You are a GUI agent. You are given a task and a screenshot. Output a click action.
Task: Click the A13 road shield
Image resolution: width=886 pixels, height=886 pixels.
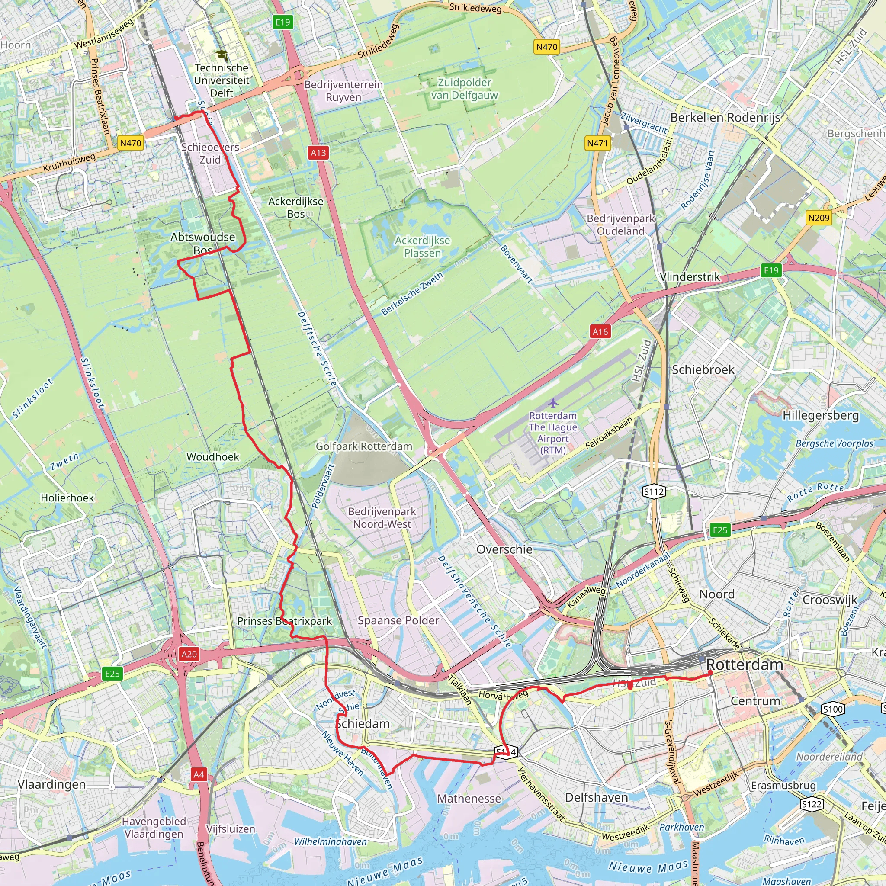coord(318,153)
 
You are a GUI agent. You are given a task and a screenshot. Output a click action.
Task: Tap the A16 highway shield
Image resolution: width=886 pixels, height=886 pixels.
coord(600,331)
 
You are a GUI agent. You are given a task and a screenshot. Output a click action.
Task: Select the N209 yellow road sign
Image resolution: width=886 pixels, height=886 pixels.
coord(819,218)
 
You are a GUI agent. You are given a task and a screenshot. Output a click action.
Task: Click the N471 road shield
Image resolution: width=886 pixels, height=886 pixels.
coord(597,143)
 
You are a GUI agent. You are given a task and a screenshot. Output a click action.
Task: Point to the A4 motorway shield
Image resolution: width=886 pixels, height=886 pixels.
coord(198,774)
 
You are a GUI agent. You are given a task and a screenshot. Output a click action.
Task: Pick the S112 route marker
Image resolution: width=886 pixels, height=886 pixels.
coord(654,492)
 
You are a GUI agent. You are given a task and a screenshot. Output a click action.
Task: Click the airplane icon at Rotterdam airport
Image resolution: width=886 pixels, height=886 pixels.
coord(553,403)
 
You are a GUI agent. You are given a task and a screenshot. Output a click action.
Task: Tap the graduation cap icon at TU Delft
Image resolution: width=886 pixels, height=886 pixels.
coord(221,55)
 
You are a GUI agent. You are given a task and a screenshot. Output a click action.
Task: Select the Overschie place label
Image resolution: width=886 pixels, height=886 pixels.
coord(504,549)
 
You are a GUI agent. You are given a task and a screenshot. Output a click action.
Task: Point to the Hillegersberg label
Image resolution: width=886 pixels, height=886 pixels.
coord(820,415)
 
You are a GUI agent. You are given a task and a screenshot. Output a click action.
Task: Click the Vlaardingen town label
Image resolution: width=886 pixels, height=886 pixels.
coord(51,784)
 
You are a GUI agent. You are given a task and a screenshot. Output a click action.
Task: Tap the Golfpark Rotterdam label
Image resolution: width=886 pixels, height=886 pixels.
coord(364,446)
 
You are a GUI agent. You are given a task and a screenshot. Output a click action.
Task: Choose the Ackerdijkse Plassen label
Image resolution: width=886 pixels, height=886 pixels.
coord(422,246)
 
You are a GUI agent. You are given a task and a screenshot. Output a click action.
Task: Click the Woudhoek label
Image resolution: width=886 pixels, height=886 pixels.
coord(213,457)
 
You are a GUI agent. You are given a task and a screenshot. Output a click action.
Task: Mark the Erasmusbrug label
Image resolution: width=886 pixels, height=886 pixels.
coord(783,786)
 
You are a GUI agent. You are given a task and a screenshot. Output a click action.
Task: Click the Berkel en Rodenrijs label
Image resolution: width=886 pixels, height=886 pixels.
coord(725,118)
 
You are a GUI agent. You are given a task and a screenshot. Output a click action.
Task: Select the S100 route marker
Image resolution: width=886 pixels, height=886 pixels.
coord(833,709)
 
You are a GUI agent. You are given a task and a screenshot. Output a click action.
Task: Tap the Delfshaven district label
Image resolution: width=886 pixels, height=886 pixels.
coord(596,797)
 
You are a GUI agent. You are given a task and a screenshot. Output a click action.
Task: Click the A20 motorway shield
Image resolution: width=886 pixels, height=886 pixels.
coord(189,654)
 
